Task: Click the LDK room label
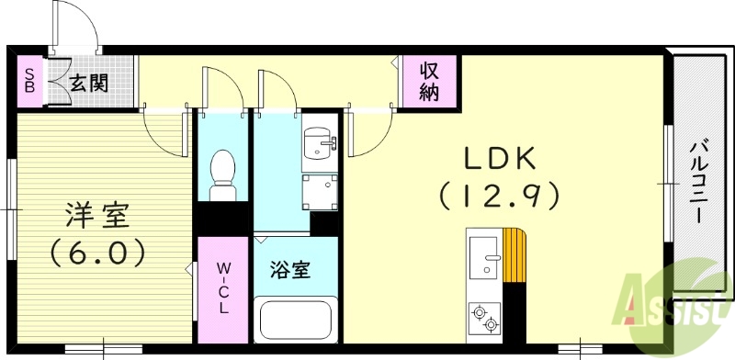(499, 159)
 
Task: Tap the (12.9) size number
(499, 196)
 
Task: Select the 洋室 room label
(97, 217)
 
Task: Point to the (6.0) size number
(97, 252)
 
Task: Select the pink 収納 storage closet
(430, 82)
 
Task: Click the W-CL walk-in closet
(223, 288)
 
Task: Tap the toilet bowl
(221, 173)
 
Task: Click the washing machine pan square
(321, 192)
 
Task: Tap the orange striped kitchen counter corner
(515, 257)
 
